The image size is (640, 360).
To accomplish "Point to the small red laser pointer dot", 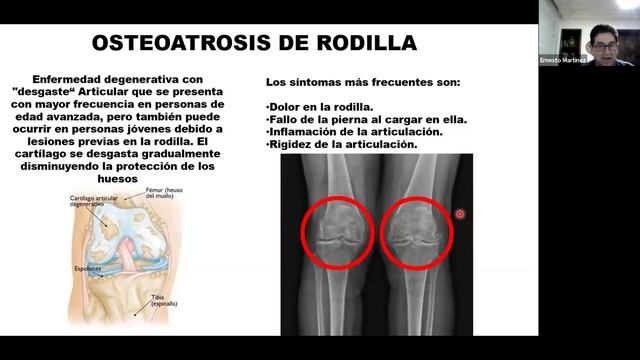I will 460,213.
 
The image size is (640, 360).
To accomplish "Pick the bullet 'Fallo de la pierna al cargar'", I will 366,119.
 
